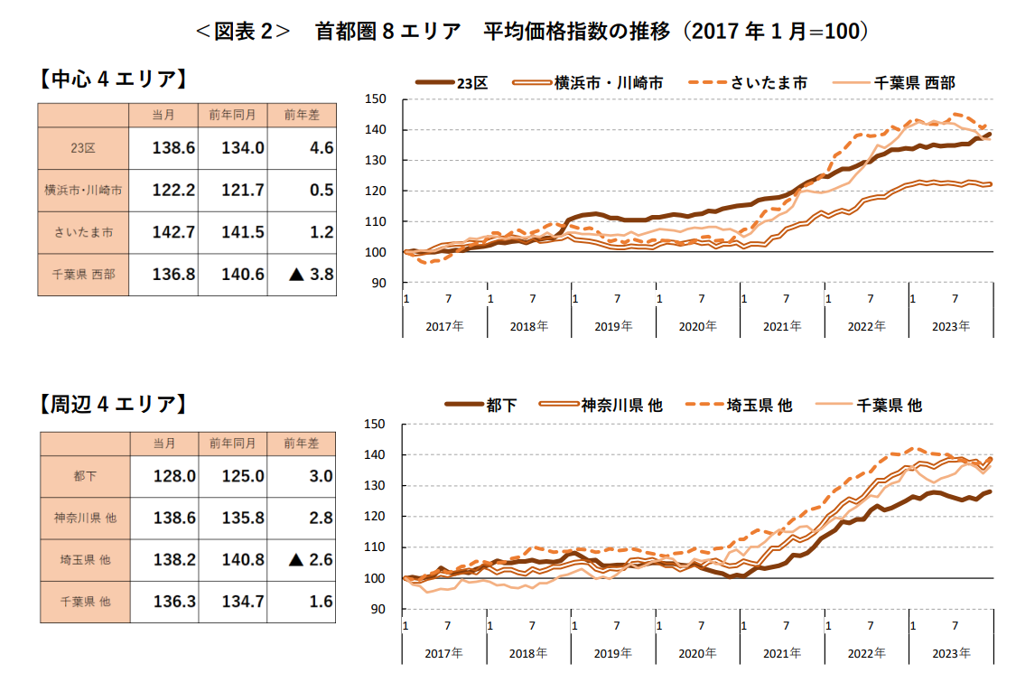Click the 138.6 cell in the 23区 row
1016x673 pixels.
click(x=173, y=148)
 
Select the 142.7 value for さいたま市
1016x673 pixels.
click(x=173, y=232)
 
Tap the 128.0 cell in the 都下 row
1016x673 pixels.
click(x=173, y=476)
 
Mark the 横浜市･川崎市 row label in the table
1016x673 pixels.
click(x=83, y=191)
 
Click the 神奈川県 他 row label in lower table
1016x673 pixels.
click(x=84, y=519)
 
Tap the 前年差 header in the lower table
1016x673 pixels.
click(x=302, y=443)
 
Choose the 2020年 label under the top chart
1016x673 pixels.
click(x=696, y=326)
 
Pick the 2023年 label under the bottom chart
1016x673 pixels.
click(x=950, y=652)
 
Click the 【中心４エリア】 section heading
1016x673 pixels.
click(x=113, y=79)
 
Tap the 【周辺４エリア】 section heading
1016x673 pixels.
click(x=113, y=404)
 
